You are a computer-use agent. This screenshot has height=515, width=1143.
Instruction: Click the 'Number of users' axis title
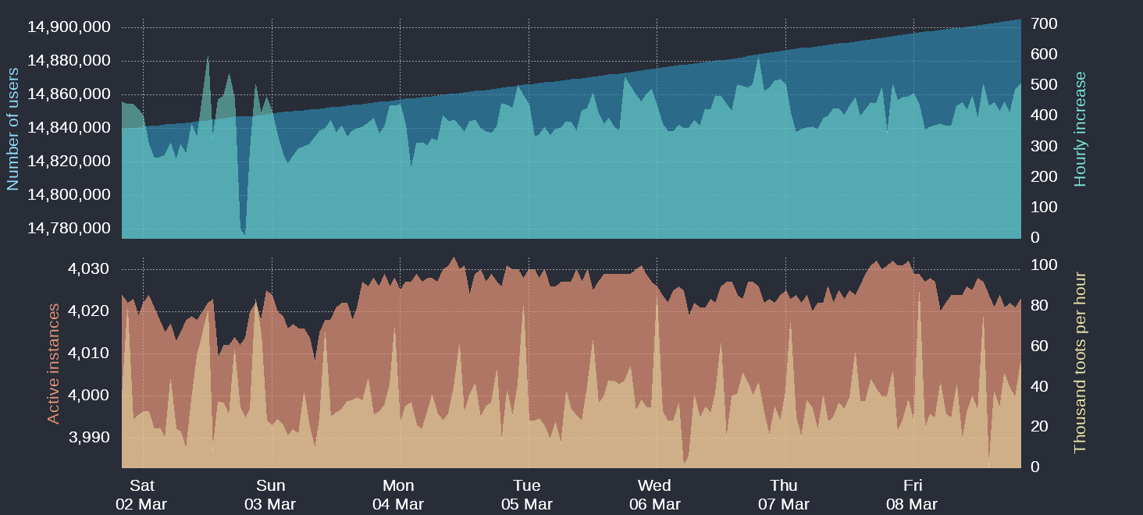(12, 129)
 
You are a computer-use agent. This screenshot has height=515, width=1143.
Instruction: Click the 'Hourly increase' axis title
(1081, 129)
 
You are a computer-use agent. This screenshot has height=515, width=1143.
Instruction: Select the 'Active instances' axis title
(53, 364)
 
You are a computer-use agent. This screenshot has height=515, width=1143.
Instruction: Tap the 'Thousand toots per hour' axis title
(1081, 362)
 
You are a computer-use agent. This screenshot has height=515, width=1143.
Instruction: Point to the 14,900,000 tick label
(69, 27)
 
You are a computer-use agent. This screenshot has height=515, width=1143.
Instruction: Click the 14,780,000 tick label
(69, 229)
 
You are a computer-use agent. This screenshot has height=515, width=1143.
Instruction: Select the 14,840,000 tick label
(69, 128)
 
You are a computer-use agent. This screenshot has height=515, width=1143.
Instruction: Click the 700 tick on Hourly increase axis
(1045, 24)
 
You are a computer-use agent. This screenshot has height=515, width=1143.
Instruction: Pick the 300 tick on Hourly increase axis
(1045, 147)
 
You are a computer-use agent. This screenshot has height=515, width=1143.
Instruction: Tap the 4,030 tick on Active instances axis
(89, 269)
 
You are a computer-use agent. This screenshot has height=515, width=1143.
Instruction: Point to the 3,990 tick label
(89, 438)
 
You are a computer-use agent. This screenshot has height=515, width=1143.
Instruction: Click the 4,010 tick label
(89, 353)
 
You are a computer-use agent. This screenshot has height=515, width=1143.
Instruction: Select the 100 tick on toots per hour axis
(1045, 265)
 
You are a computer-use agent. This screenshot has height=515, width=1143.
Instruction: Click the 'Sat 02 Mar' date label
(141, 495)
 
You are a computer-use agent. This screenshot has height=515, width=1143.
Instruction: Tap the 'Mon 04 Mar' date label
(398, 495)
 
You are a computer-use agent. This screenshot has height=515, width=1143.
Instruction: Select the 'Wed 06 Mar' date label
(654, 495)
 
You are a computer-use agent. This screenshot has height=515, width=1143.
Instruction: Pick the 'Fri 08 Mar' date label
(912, 495)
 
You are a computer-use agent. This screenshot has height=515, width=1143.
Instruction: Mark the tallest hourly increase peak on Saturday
(208, 56)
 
